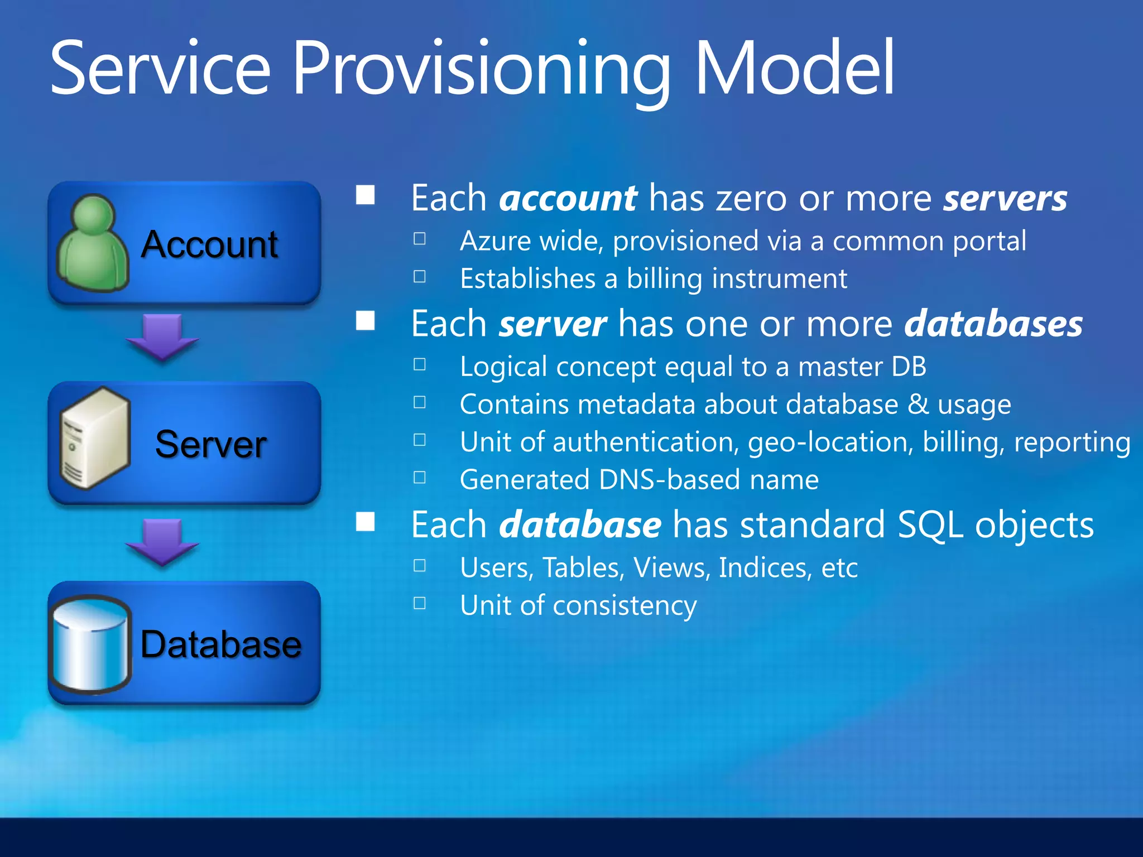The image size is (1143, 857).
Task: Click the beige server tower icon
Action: (x=94, y=439)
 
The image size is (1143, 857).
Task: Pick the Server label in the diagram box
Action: (x=210, y=445)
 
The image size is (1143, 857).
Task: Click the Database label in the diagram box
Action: (x=220, y=644)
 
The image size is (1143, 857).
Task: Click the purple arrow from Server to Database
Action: (x=162, y=541)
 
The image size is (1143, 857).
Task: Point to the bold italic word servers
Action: (x=1005, y=199)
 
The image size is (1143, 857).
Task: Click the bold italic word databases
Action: (x=993, y=324)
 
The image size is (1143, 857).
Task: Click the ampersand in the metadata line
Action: (x=918, y=404)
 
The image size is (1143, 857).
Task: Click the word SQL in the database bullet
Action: (x=930, y=525)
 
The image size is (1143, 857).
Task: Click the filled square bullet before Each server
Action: (x=366, y=321)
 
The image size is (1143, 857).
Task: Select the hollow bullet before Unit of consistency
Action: (x=420, y=603)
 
